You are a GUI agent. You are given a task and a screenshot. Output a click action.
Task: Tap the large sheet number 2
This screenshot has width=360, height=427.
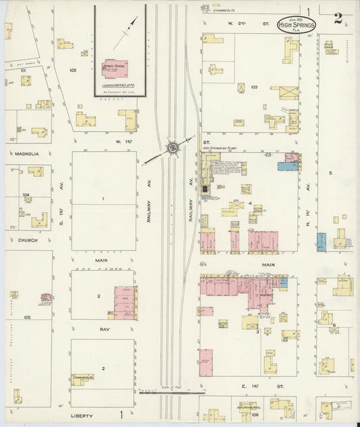tap(338, 19)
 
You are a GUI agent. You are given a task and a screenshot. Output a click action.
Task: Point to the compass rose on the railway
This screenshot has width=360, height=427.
tap(172, 147)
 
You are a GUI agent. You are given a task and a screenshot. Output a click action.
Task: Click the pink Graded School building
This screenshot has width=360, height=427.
tap(115, 68)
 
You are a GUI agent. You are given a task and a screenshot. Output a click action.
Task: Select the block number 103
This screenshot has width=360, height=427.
tap(254, 87)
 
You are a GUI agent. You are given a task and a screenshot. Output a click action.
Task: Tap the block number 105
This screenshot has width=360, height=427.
tap(27, 316)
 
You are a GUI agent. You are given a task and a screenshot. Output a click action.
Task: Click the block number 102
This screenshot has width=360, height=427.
tap(73, 70)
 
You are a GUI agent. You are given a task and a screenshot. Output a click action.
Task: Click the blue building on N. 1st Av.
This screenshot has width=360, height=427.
tap(322, 242)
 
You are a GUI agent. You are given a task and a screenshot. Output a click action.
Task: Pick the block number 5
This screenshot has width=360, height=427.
tap(330, 173)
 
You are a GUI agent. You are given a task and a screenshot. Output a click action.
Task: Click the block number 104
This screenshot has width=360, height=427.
tap(26, 195)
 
